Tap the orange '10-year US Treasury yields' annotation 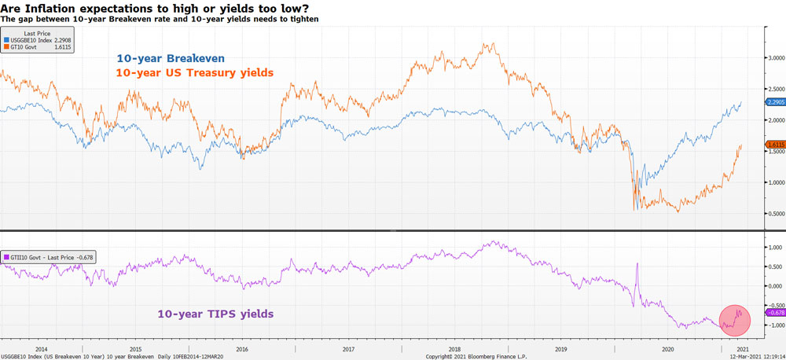tap(194, 72)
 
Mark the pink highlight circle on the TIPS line tap(732, 318)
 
